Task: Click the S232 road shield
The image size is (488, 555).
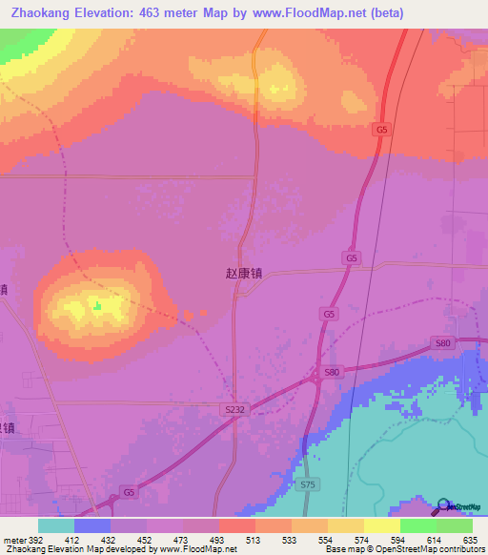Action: point(235,409)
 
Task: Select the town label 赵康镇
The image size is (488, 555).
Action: point(243,273)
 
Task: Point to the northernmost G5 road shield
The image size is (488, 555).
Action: point(382,129)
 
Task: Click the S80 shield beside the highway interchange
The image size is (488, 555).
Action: point(332,372)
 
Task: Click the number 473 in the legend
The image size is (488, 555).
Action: point(184,538)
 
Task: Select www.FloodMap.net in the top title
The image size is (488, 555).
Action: point(312,13)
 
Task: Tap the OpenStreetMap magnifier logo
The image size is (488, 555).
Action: point(443,504)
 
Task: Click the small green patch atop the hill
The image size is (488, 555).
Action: point(96,305)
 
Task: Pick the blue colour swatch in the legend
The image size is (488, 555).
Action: point(92,525)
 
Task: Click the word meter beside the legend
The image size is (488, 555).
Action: point(13,538)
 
